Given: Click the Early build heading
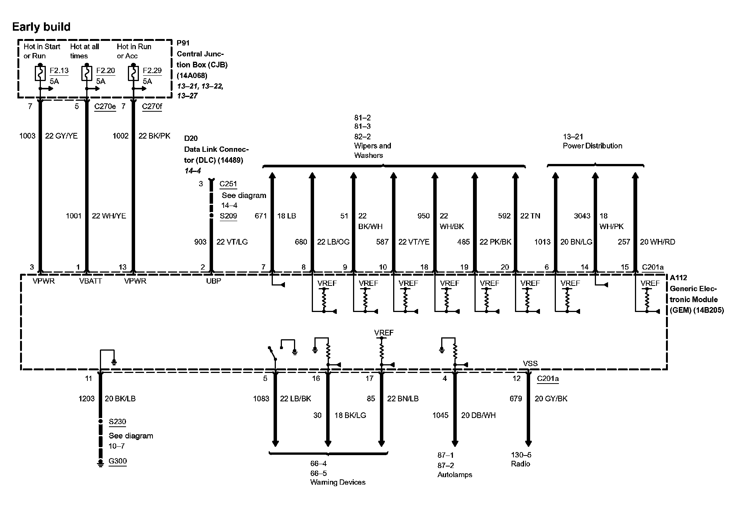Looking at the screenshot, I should [41, 27].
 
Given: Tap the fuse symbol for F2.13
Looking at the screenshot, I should [40, 73].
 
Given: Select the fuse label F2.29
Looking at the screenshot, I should [152, 71].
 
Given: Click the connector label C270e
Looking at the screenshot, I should [105, 106].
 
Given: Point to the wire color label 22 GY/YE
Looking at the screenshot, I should [61, 136].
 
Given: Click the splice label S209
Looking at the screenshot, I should [228, 216].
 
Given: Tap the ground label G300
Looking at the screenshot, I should [118, 461].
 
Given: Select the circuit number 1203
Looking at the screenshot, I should [87, 399].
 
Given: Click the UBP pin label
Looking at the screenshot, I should [213, 281].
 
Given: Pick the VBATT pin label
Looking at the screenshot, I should [91, 281].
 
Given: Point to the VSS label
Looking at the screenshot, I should [530, 363].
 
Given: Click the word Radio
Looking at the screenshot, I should [520, 464].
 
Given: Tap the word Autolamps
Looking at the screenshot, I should [455, 475].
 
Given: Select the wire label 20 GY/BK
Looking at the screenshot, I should [551, 399].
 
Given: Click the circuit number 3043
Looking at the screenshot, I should [582, 216].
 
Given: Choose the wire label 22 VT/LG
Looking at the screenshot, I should [232, 242].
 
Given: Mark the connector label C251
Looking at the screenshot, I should [228, 184].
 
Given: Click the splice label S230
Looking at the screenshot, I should [117, 422].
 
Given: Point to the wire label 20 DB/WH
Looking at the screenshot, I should [478, 415].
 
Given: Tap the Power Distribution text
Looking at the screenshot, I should [592, 146].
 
